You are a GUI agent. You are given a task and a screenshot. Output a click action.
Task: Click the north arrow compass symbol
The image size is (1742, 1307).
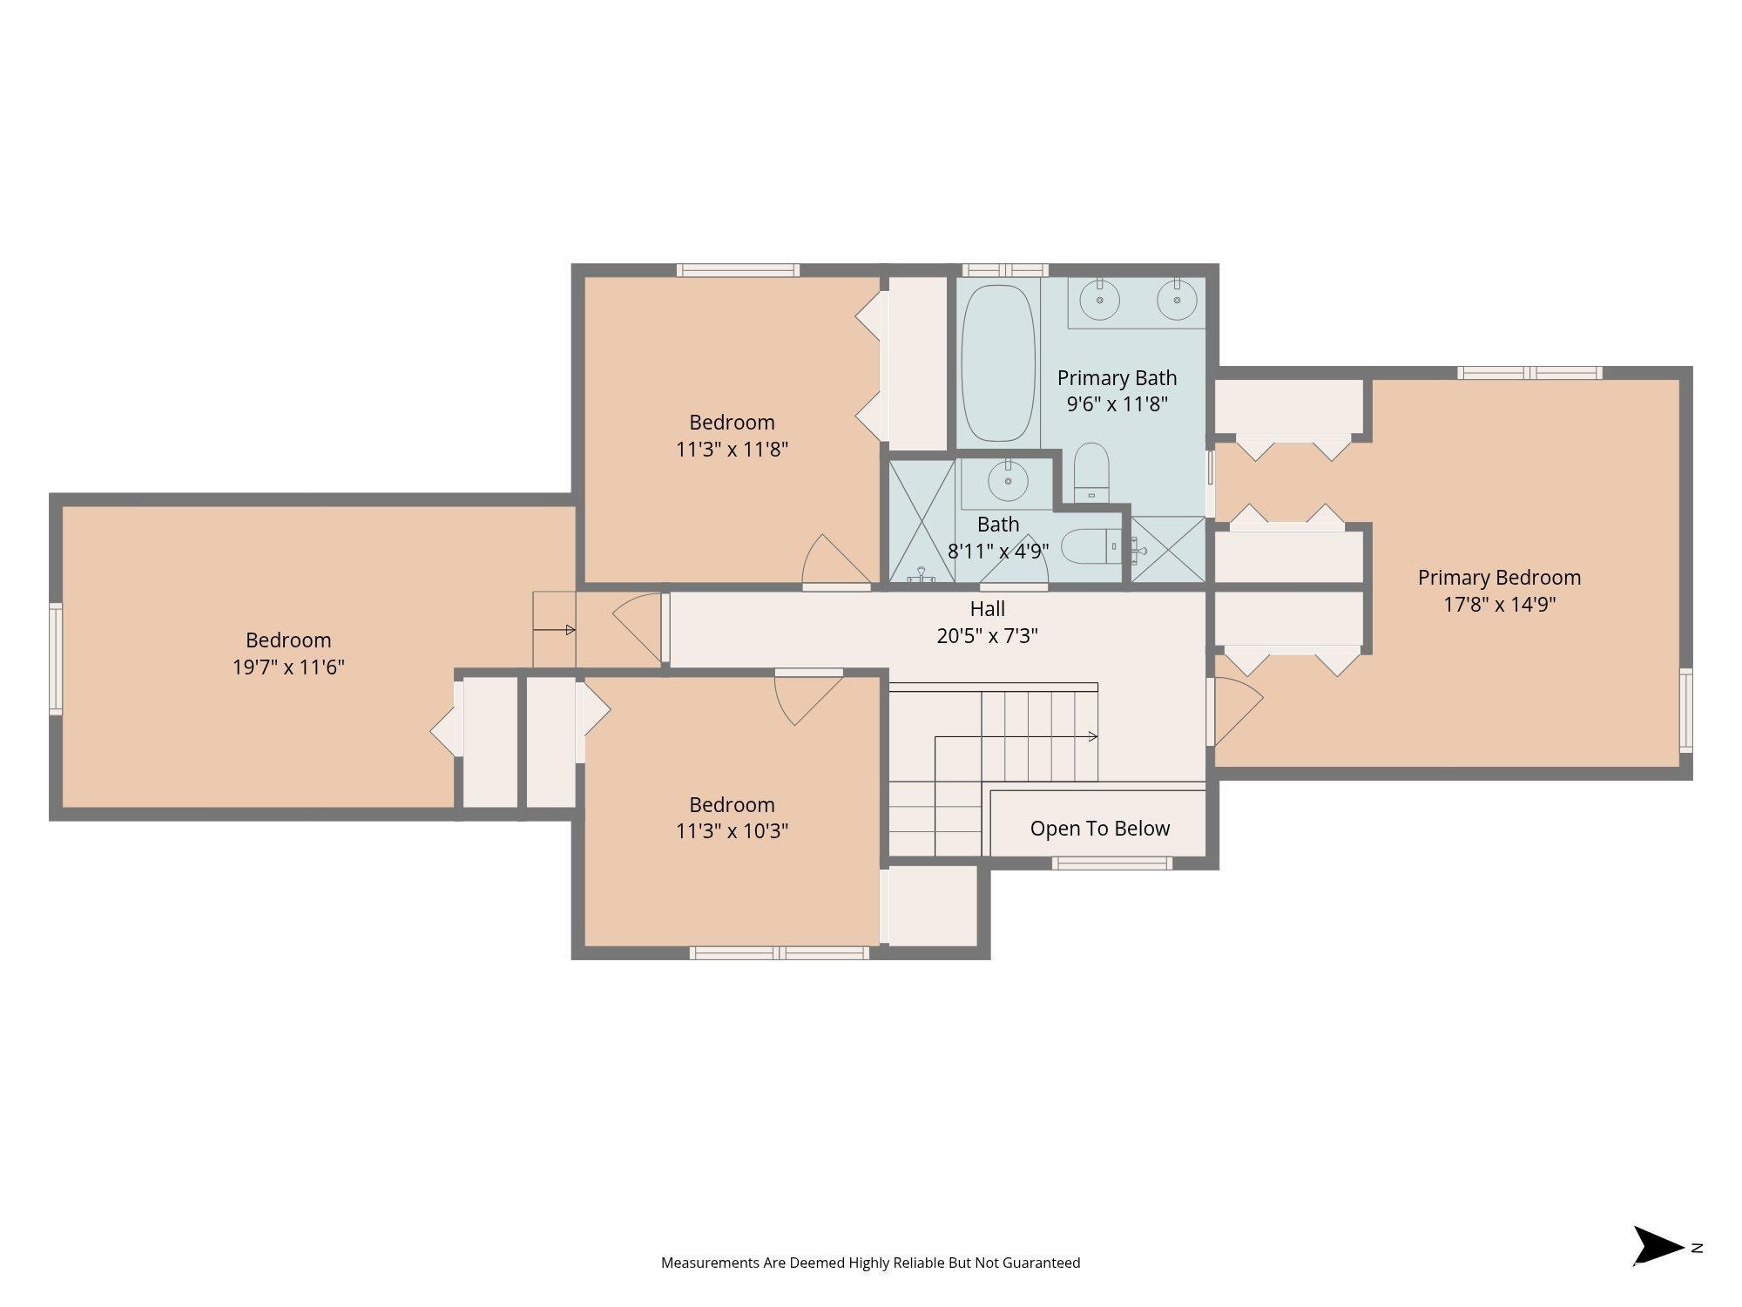pos(1657,1246)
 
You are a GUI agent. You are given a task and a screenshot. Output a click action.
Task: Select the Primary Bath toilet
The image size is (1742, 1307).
pos(1090,472)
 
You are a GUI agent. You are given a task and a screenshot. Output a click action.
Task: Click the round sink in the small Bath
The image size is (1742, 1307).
pos(1008,481)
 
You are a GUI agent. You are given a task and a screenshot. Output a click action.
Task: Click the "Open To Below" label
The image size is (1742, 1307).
pos(1099,829)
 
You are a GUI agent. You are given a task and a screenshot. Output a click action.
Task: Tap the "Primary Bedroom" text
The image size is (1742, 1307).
pos(1499,578)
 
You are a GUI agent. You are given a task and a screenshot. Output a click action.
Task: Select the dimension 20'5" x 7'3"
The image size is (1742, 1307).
pos(987,636)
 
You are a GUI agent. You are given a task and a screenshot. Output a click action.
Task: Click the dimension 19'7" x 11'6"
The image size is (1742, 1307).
pos(288,667)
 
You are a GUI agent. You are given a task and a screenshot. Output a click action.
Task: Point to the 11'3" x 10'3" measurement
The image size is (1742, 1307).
pos(732,831)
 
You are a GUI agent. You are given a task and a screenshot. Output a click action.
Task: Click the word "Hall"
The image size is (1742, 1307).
pos(987,609)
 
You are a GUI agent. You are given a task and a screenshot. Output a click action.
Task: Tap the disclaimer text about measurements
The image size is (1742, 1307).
pos(870,1263)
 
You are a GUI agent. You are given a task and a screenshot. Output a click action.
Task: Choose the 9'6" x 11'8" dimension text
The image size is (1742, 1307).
pos(1117,404)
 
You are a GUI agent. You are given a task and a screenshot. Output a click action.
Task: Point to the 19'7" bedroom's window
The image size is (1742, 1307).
pos(55,659)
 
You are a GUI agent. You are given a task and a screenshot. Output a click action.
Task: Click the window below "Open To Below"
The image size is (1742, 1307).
pos(1111,863)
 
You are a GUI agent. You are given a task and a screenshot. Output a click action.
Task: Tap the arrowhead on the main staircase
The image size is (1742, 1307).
pos(1093,736)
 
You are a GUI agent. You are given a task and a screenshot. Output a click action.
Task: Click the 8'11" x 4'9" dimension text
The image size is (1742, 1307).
pos(998,552)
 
